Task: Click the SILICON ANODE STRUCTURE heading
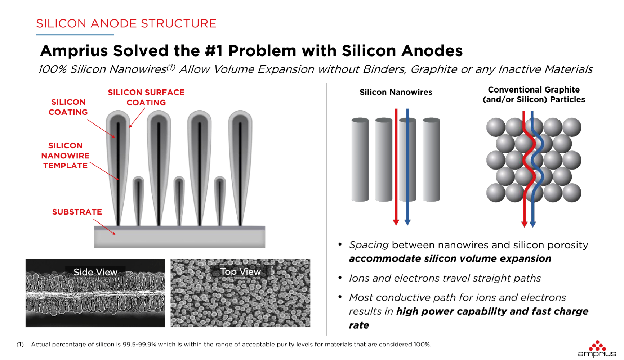pyautogui.click(x=126, y=23)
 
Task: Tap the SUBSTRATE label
pyautogui.click(x=77, y=212)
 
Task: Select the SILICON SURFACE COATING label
pyautogui.click(x=146, y=97)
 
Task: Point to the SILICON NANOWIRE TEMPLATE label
pyautogui.click(x=65, y=156)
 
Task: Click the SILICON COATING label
pyautogui.click(x=68, y=107)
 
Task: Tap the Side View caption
pyautogui.click(x=95, y=272)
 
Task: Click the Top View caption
pyautogui.click(x=241, y=271)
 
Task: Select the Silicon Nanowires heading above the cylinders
pyautogui.click(x=396, y=92)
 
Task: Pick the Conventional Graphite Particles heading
pyautogui.click(x=534, y=94)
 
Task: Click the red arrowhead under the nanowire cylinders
pyautogui.click(x=396, y=222)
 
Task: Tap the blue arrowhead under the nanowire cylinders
pyautogui.click(x=407, y=222)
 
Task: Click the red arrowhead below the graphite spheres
pyautogui.click(x=525, y=224)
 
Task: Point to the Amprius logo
pyautogui.click(x=597, y=349)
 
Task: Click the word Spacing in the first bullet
pyautogui.click(x=369, y=245)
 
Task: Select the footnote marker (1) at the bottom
pyautogui.click(x=20, y=345)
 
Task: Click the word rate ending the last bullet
pyautogui.click(x=359, y=325)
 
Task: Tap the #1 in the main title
pyautogui.click(x=214, y=51)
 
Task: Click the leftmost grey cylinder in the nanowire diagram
pyautogui.click(x=360, y=159)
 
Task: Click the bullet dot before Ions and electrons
pyautogui.click(x=340, y=278)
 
